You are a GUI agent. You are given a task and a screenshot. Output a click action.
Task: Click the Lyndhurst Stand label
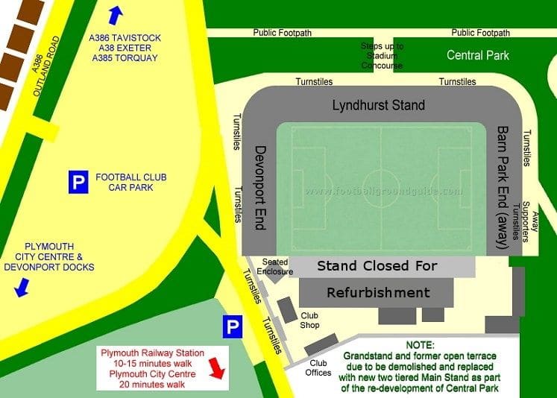378,105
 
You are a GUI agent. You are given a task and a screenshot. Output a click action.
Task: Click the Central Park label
477,55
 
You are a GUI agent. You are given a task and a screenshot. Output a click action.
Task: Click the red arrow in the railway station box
215,367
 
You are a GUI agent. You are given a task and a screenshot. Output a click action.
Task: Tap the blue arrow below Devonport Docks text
22,286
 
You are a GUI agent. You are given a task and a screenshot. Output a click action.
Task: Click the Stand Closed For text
377,266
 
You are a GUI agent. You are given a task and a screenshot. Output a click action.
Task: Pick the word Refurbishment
378,292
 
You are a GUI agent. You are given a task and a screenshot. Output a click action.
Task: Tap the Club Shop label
310,320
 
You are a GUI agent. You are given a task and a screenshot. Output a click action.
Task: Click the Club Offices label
319,368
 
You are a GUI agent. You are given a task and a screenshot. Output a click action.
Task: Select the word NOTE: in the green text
423,346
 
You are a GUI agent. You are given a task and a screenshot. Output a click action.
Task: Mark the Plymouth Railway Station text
152,353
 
